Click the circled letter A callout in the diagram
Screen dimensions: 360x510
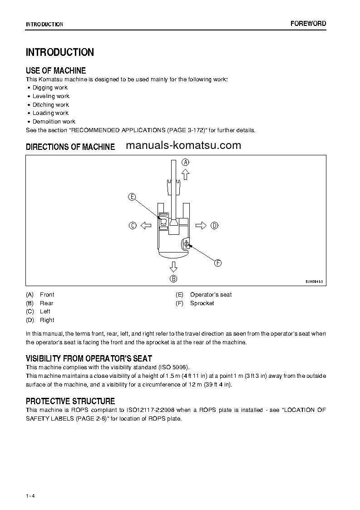(x=186, y=162)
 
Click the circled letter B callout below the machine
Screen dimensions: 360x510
(x=173, y=279)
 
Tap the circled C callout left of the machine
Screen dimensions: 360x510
(x=133, y=225)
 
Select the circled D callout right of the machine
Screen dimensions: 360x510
(x=214, y=225)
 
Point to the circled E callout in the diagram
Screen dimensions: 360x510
(x=132, y=197)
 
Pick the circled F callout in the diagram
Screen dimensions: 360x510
(x=217, y=262)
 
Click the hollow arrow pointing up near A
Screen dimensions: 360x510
(x=185, y=174)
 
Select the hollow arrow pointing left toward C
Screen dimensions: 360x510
(x=145, y=225)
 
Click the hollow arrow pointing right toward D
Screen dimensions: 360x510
(x=201, y=225)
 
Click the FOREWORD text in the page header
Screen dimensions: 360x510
(x=308, y=24)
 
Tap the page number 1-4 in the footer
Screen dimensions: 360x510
(x=30, y=483)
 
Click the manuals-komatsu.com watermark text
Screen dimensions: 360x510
(x=183, y=145)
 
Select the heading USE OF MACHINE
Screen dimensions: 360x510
(x=56, y=70)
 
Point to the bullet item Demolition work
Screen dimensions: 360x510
(x=54, y=122)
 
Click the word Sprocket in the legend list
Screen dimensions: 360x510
(x=202, y=303)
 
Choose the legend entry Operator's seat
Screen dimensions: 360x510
(x=211, y=295)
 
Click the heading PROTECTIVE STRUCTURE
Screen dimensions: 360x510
(x=70, y=401)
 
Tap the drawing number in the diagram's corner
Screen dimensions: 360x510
(x=314, y=282)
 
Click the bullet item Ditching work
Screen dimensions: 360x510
(x=50, y=104)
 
